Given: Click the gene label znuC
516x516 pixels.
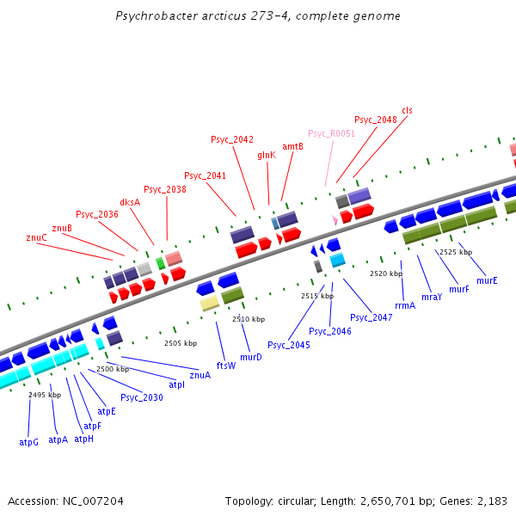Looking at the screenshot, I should (x=37, y=237).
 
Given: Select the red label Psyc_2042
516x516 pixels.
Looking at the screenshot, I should (x=232, y=139).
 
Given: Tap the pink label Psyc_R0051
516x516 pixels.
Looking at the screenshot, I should (x=331, y=133).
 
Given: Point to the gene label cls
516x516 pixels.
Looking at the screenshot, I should (x=407, y=110).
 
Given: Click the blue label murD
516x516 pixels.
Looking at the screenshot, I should (x=251, y=356).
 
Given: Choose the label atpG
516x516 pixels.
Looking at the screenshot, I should (x=29, y=441).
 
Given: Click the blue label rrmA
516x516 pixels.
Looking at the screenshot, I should (x=405, y=305).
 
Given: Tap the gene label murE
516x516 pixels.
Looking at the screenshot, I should (x=487, y=280).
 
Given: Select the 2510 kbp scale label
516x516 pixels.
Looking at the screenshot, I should (x=249, y=319).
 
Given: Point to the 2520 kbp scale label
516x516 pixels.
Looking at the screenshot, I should (x=386, y=273).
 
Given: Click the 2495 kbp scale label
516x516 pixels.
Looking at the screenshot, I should (x=45, y=395).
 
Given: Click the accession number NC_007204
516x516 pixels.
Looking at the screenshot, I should (x=91, y=501).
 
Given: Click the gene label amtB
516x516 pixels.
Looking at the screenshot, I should (x=292, y=146).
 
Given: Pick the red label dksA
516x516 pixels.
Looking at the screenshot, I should (x=130, y=202).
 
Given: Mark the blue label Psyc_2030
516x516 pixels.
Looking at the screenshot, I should (x=142, y=397).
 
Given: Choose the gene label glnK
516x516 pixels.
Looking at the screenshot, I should (x=267, y=155).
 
